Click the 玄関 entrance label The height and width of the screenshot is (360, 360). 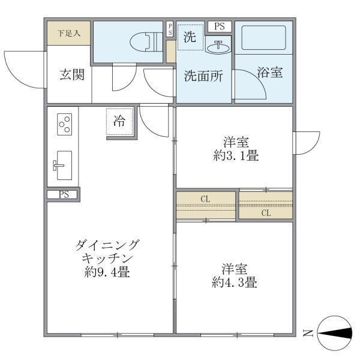[x=71, y=76]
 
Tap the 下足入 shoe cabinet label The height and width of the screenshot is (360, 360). [x=68, y=33]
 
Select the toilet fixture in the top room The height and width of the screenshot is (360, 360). [x=143, y=41]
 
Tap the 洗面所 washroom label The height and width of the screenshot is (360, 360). [x=203, y=76]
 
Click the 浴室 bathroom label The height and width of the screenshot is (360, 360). [x=270, y=73]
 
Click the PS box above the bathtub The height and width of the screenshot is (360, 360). [x=219, y=26]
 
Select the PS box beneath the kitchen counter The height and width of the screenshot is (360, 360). [x=64, y=194]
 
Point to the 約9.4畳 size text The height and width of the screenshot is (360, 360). [x=107, y=271]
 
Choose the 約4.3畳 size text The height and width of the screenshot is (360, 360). [x=235, y=282]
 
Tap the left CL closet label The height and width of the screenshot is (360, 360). [x=205, y=198]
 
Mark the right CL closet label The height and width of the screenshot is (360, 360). [x=266, y=212]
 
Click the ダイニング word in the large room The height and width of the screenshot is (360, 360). [x=107, y=245]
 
